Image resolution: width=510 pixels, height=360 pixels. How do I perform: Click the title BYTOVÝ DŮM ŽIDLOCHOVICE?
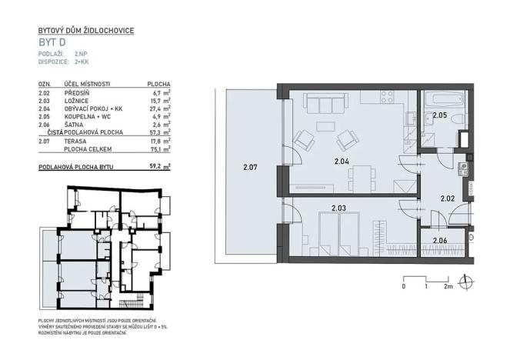(86, 30)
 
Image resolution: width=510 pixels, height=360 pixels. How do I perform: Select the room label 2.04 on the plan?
(342, 162)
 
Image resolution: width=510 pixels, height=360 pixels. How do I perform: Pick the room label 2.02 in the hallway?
(448, 198)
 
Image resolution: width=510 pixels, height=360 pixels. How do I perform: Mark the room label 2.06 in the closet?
(441, 241)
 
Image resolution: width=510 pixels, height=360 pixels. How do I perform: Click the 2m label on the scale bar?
(448, 287)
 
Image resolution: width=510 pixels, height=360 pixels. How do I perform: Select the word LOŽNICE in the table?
(78, 100)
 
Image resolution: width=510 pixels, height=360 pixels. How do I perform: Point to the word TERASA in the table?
(76, 142)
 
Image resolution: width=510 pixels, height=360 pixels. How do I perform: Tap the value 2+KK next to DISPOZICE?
(83, 61)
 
